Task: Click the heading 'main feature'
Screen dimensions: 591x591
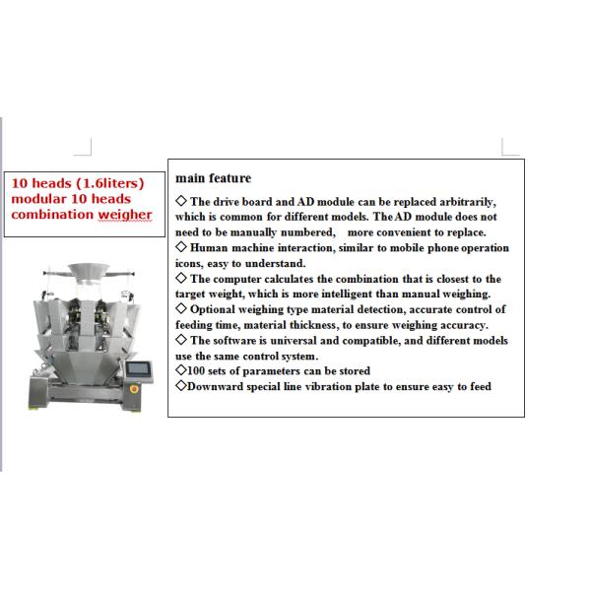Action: (x=213, y=178)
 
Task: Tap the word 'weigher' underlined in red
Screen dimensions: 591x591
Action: (x=124, y=215)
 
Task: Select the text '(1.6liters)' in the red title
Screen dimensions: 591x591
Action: (x=109, y=183)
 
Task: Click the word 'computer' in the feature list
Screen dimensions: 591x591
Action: (x=236, y=279)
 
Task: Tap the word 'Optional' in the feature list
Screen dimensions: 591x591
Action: (x=217, y=309)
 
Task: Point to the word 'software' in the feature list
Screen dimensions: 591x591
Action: (x=241, y=340)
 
